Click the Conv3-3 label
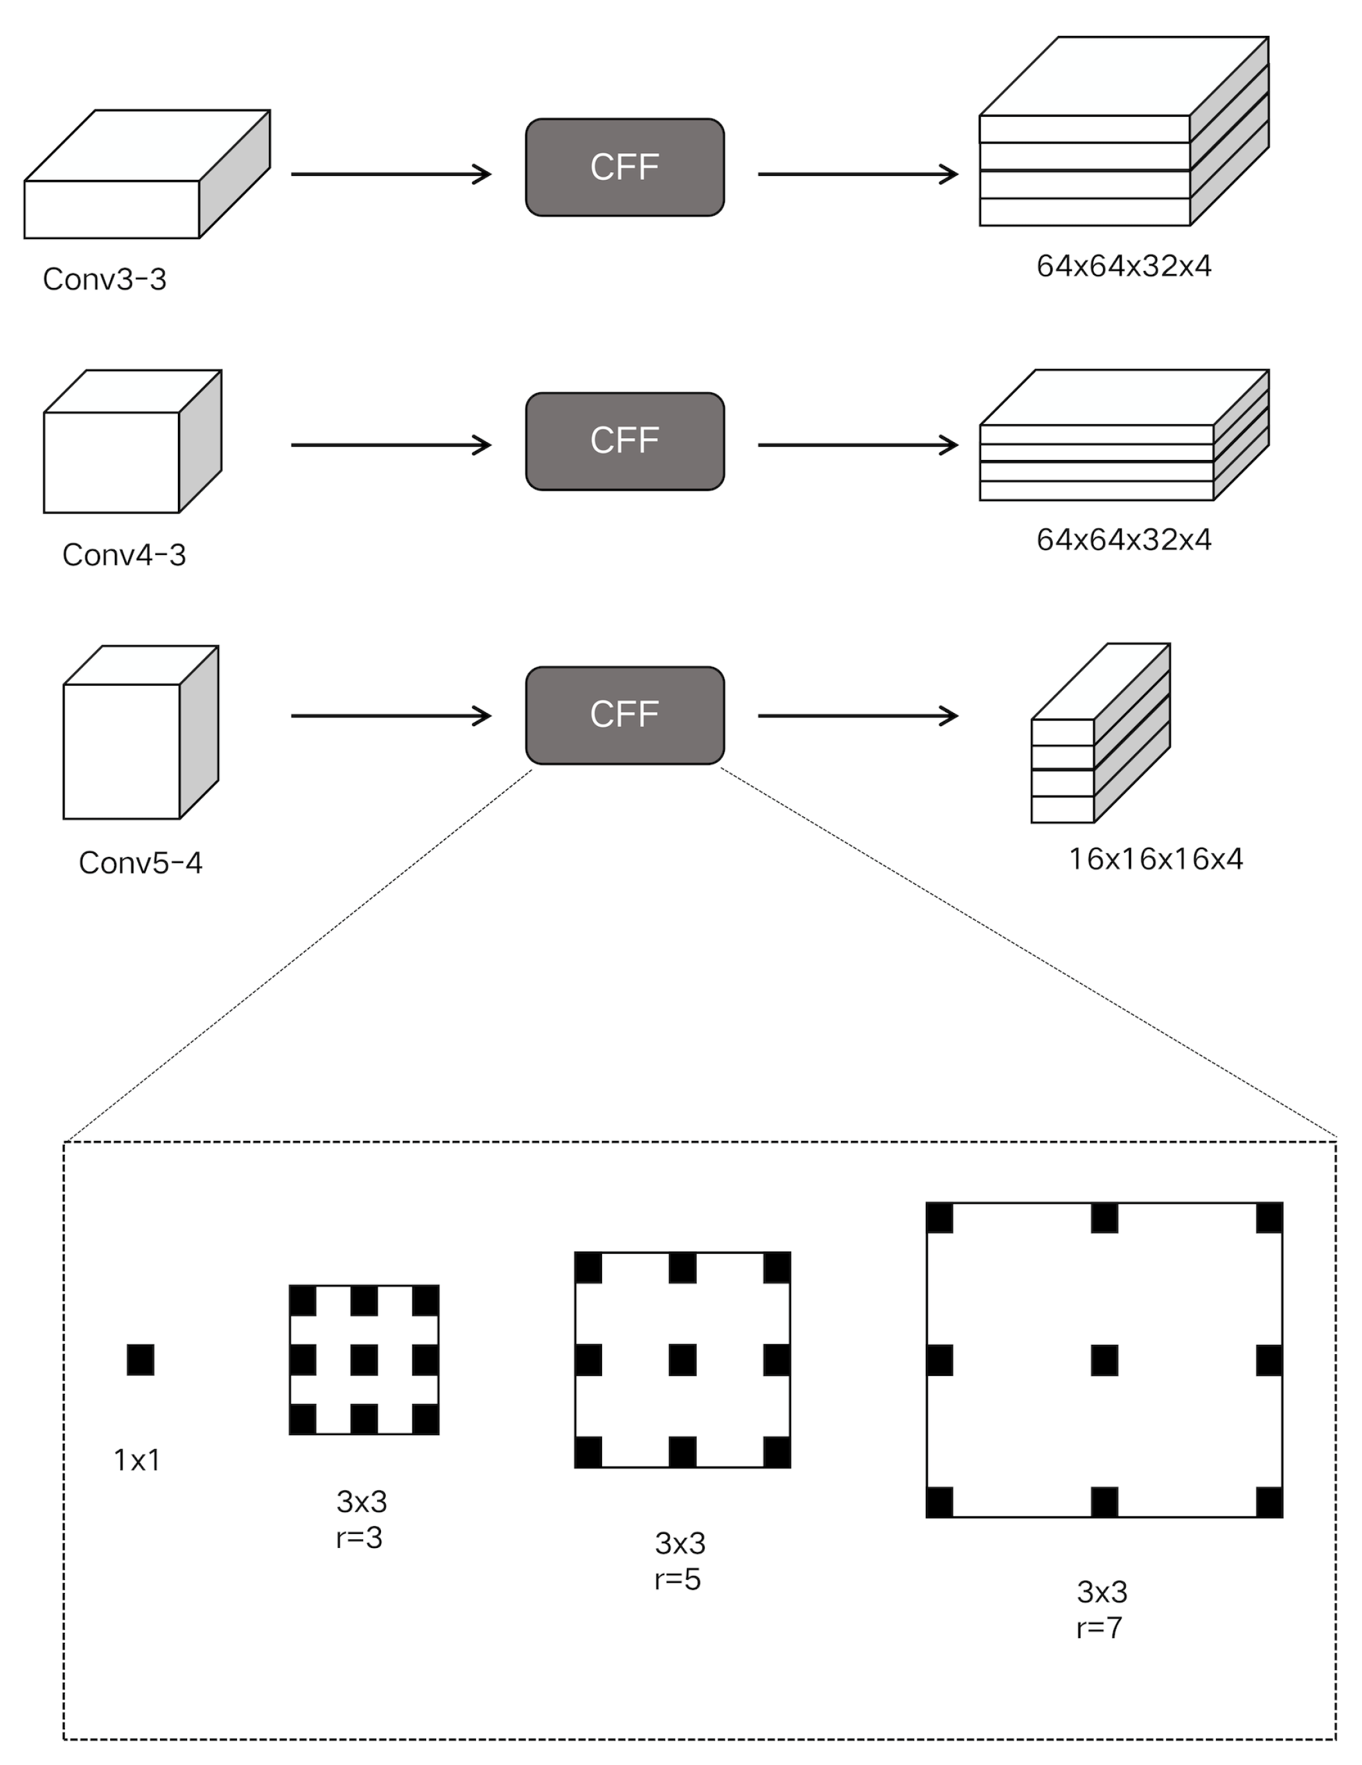pos(104,279)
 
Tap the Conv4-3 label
pos(123,554)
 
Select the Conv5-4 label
pos(140,862)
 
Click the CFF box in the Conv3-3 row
pos(624,167)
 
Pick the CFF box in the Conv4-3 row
pos(624,441)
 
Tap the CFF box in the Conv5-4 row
pos(624,715)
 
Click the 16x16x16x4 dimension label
pos(1155,858)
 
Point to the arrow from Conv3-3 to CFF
pos(390,174)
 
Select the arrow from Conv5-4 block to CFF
pos(390,715)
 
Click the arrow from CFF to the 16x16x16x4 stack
pos(857,715)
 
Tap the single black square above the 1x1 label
pos(141,1359)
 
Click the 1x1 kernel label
pos(137,1460)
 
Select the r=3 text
pos(359,1537)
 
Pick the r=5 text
pos(678,1578)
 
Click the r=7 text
pos(1099,1627)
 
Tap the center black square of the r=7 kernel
pos(1104,1360)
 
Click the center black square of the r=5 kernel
pos(682,1360)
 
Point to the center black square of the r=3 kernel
pos(364,1360)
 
